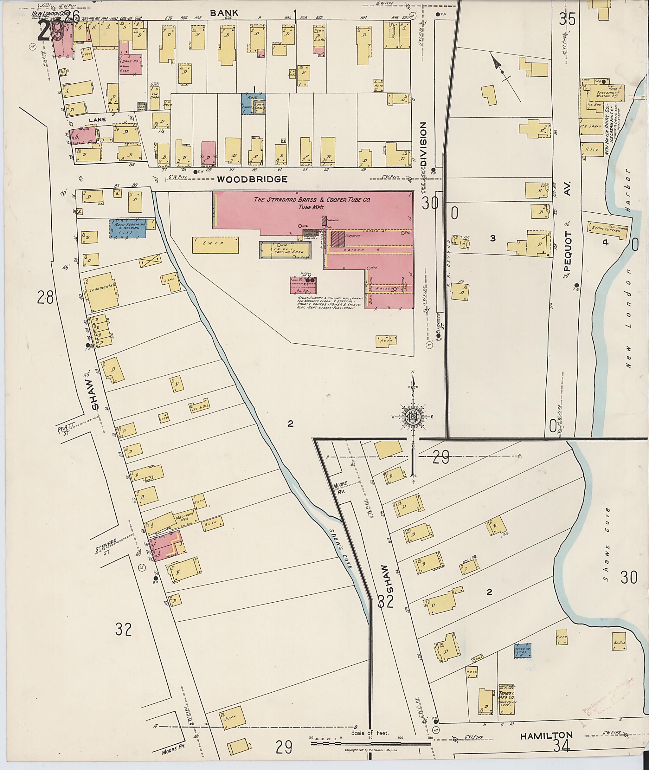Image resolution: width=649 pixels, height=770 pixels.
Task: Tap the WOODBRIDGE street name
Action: click(x=252, y=179)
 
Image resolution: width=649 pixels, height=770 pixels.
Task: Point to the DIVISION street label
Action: click(x=423, y=144)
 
